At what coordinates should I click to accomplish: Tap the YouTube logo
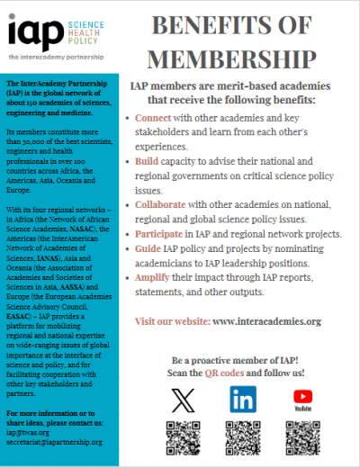point(302,397)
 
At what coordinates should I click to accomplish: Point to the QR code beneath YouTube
point(302,439)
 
